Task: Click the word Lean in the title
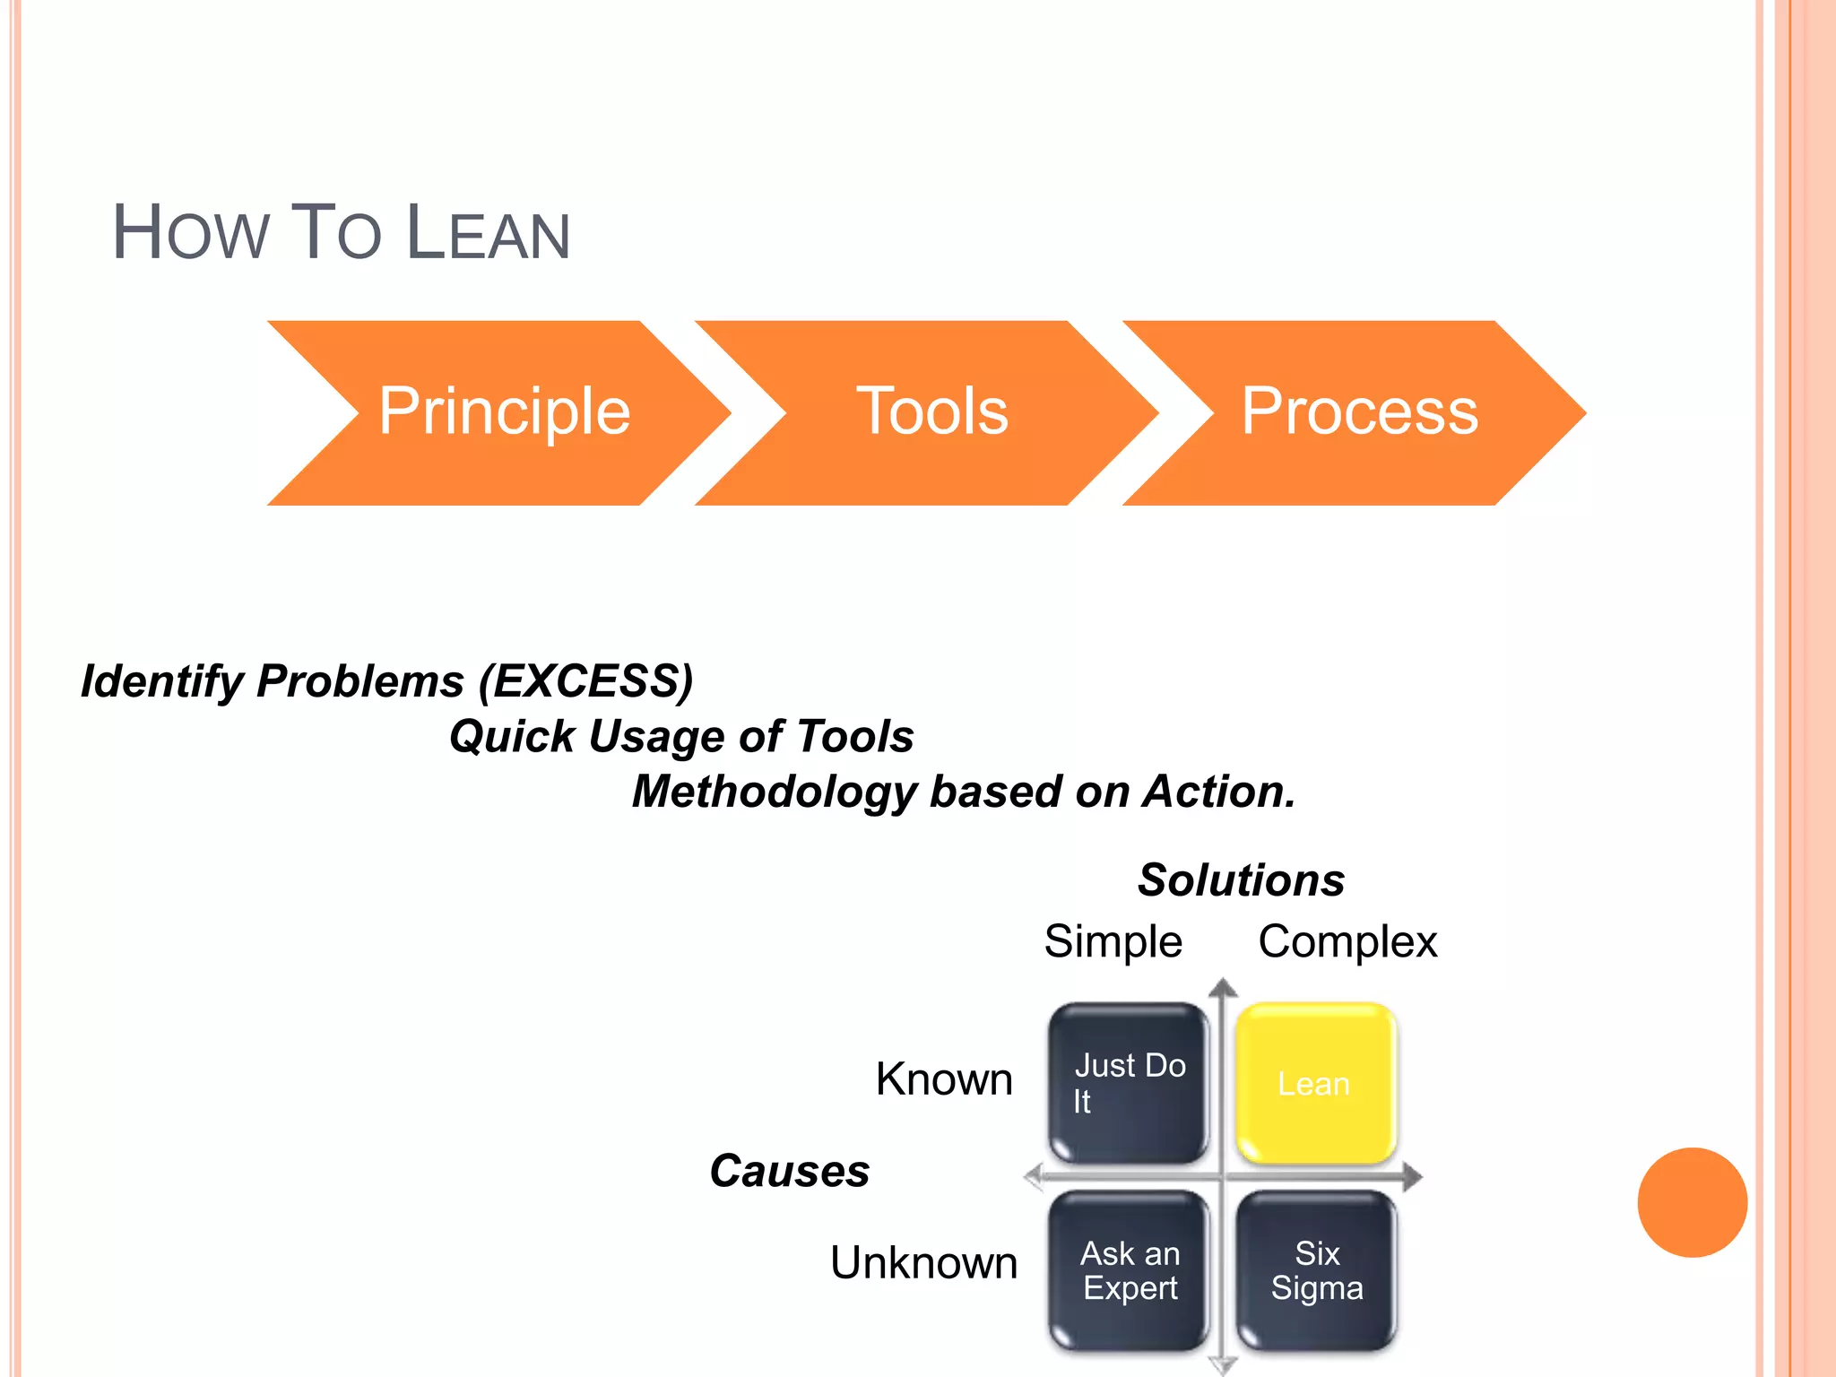point(488,234)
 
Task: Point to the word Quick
point(512,737)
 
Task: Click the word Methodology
point(775,792)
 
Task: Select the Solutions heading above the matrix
point(1241,880)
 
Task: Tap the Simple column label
point(1113,942)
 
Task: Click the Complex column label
point(1347,942)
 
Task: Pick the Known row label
point(944,1079)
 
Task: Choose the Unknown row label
point(923,1263)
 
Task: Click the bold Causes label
point(789,1171)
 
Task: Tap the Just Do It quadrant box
point(1129,1083)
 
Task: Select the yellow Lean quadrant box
point(1314,1083)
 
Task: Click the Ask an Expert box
point(1129,1270)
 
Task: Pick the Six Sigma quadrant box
point(1316,1270)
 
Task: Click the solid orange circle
point(1692,1202)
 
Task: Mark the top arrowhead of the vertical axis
point(1223,989)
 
